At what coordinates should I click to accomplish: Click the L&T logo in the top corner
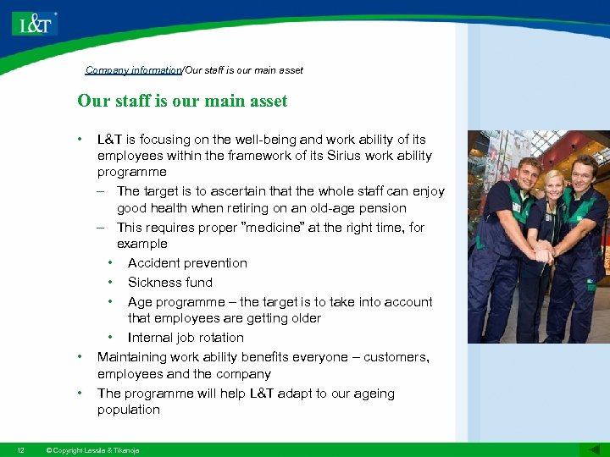[35, 23]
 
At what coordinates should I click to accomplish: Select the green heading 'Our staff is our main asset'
[182, 102]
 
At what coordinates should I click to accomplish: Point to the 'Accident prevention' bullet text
[187, 263]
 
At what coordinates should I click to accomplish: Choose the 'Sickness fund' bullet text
[170, 283]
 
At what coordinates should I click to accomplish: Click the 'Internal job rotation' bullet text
[186, 338]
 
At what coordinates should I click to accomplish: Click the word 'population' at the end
[128, 410]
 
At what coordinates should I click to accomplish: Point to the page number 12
[20, 450]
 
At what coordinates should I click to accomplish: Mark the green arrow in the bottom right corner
[590, 449]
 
